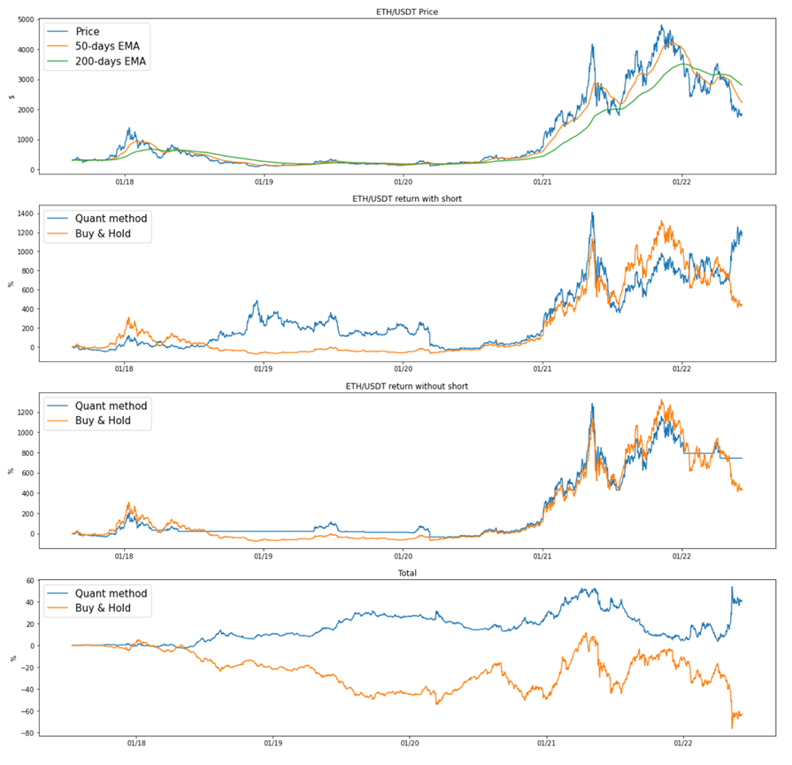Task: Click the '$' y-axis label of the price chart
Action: (10, 97)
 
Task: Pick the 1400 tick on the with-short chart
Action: (26, 214)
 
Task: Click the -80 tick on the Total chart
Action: (28, 733)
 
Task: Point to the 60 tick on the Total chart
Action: (30, 581)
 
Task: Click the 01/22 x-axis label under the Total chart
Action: (682, 746)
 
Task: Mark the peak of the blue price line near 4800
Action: (662, 26)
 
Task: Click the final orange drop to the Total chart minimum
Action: (732, 728)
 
